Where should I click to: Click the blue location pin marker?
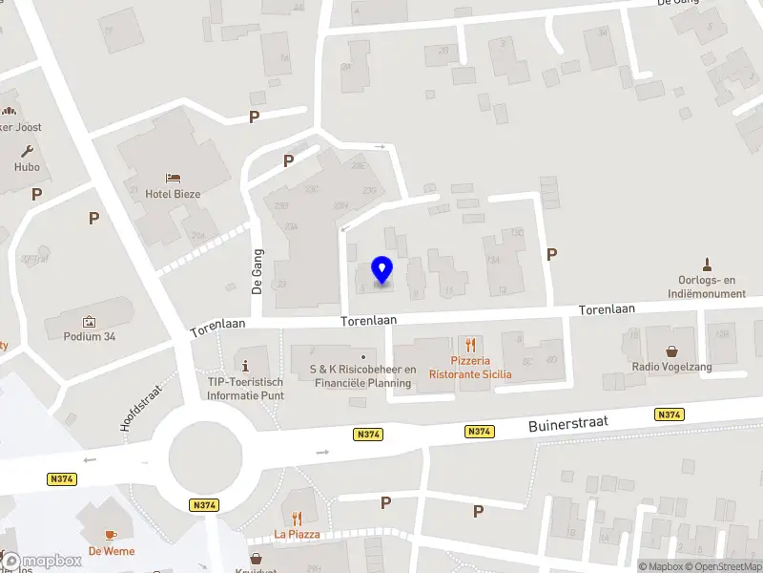381,270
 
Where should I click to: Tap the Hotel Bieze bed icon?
173,177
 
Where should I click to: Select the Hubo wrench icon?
27,151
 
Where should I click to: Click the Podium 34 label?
89,336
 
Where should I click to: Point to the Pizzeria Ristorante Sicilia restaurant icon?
469,345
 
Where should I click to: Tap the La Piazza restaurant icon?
298,519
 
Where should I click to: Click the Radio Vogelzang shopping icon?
672,351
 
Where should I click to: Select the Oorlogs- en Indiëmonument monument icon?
707,265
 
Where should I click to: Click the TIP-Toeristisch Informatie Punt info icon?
247,366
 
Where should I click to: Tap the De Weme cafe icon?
112,535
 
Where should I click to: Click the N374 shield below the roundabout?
204,505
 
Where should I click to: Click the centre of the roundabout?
204,456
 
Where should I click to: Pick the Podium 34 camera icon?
89,321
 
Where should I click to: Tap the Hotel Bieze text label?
173,193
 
